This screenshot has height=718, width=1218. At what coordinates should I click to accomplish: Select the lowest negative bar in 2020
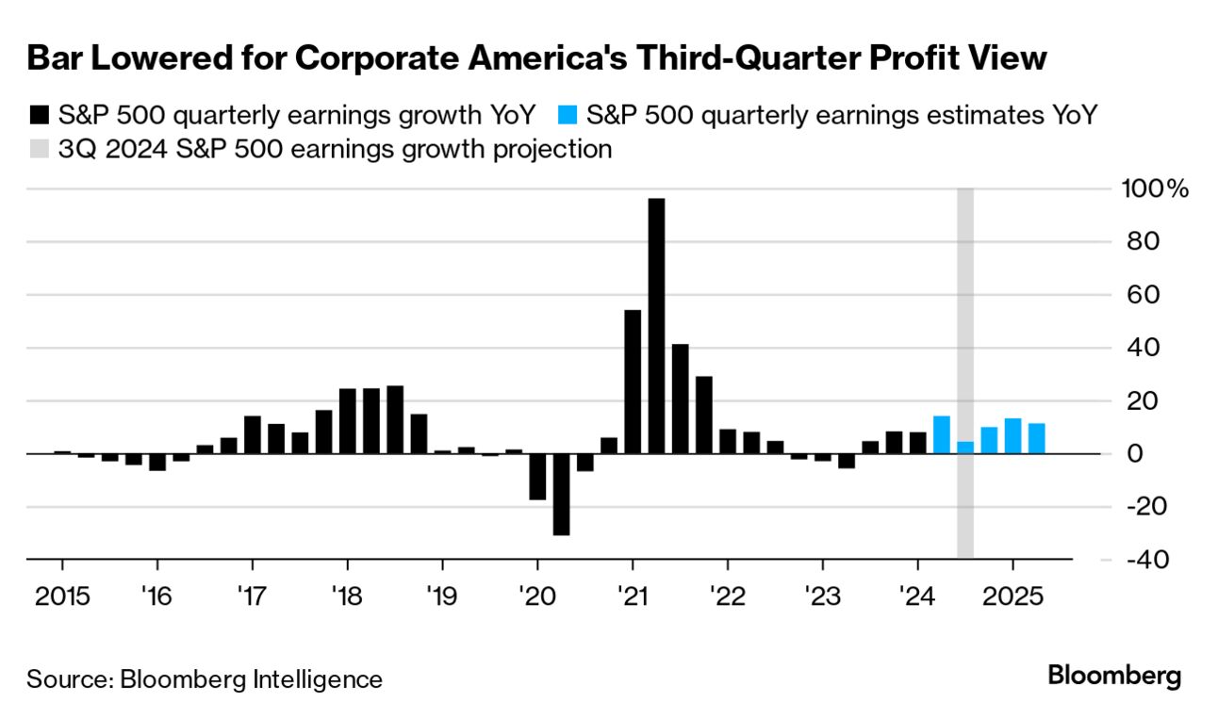coord(562,494)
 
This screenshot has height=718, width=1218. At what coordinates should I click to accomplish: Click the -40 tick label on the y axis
coord(1142,560)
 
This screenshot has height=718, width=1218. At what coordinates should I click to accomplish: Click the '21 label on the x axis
coord(633,597)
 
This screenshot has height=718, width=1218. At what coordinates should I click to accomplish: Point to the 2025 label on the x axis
coord(1013,597)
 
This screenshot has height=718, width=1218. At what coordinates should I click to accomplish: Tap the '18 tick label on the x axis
coord(347,597)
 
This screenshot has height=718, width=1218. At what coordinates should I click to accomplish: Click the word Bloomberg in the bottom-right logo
coord(1114,677)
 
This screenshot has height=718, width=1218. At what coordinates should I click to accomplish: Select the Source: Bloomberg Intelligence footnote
coord(205,679)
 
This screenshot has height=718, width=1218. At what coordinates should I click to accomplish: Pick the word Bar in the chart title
coord(56,58)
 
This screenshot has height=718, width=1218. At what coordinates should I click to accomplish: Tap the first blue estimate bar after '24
coord(941,434)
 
